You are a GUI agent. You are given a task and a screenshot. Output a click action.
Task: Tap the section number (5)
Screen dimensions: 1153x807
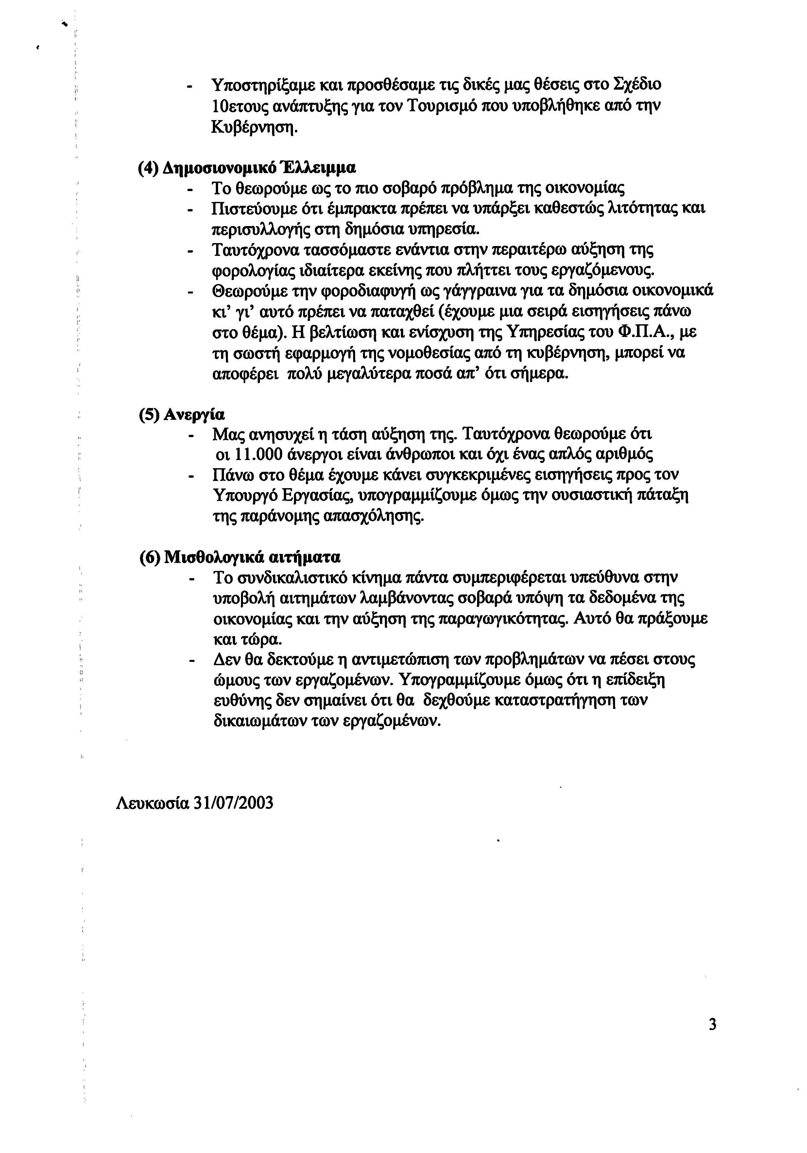(x=149, y=415)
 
